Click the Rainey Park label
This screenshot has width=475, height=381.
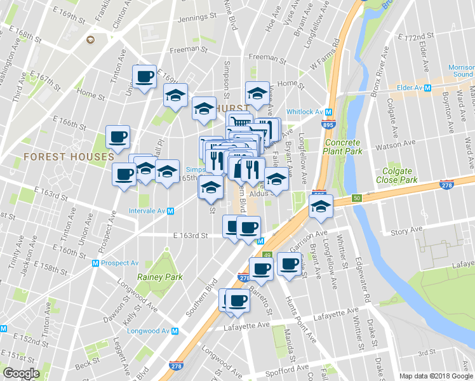click(x=159, y=277)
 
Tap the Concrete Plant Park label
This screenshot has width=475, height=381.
click(x=342, y=147)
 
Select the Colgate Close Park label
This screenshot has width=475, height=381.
click(x=405, y=175)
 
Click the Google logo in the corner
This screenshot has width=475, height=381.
click(x=21, y=373)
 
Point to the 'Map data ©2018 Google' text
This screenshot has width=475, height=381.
click(x=436, y=376)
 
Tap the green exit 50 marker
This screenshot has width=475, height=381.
click(x=357, y=198)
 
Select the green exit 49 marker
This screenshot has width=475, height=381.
click(x=267, y=255)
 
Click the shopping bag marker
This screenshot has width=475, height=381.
click(x=238, y=169)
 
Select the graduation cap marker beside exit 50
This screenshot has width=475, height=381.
click(x=321, y=207)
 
